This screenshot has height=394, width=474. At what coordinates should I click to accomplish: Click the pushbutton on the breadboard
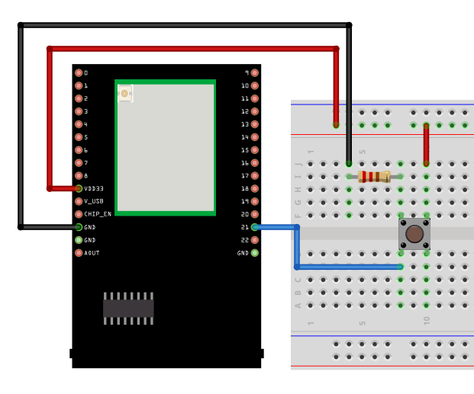click(414, 233)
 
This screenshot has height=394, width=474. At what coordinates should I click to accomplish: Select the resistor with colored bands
click(374, 176)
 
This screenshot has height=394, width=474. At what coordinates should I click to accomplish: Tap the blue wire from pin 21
click(297, 248)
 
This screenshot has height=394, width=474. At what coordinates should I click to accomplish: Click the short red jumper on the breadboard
click(426, 144)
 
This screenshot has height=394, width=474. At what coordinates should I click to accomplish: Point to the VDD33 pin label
click(94, 188)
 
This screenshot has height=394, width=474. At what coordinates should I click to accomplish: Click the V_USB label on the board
click(94, 201)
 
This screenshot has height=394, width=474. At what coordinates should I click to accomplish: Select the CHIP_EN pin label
click(98, 214)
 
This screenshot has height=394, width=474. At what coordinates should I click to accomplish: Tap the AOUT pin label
click(92, 253)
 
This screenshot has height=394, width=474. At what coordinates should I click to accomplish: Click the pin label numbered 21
click(244, 227)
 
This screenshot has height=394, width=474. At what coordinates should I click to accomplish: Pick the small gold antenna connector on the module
click(124, 94)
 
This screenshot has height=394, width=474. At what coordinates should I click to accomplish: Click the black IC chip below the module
click(128, 308)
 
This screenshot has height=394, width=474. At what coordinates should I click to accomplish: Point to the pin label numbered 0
click(85, 73)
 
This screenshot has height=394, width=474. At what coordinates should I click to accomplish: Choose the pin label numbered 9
click(246, 73)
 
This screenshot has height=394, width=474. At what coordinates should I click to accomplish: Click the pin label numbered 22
click(244, 240)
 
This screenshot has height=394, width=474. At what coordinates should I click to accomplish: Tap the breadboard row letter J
click(299, 164)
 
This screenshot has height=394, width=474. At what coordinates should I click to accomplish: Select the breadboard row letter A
click(299, 305)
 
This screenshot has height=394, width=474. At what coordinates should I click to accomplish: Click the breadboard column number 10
click(426, 321)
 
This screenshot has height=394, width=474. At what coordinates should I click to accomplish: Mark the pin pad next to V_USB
click(79, 201)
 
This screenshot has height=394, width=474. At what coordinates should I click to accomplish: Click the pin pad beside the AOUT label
click(79, 253)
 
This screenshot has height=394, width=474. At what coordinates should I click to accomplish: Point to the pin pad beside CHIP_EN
click(79, 214)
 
